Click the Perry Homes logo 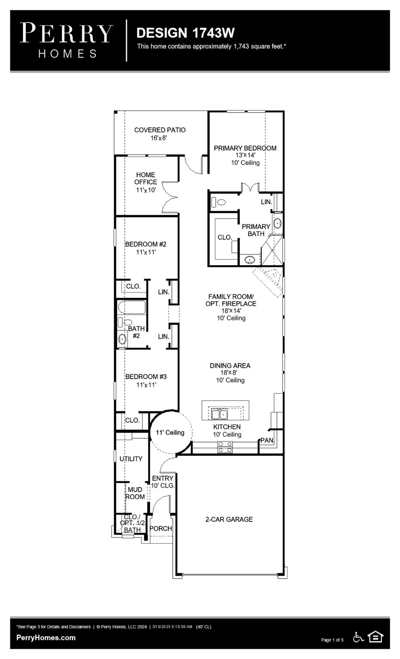click(67, 40)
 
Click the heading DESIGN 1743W click(185, 33)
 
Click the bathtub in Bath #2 click(132, 308)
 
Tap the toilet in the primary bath click(219, 202)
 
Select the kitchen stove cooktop click(225, 447)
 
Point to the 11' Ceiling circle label click(170, 432)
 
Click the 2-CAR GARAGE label click(229, 520)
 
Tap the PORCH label click(161, 529)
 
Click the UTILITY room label click(131, 459)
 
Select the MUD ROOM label click(135, 493)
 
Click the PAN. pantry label click(267, 441)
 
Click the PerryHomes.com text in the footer click(46, 638)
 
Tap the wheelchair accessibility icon click(358, 637)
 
